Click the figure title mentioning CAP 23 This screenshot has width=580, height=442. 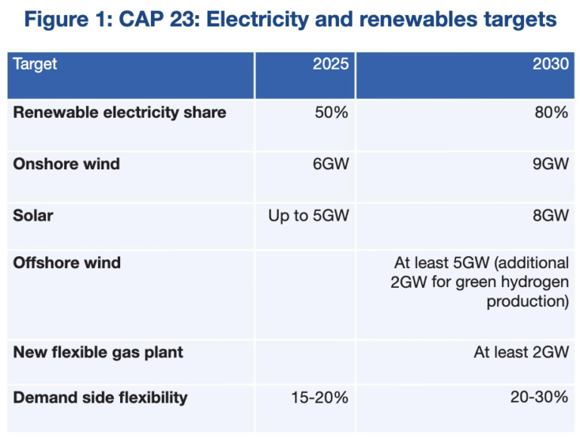tap(290, 20)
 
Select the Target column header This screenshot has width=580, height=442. tap(35, 63)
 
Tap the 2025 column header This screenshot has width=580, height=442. tap(331, 63)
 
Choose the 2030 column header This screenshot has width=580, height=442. tap(551, 63)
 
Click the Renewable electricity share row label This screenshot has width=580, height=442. tap(119, 113)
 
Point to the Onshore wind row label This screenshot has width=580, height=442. tap(66, 163)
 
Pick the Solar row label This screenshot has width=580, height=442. tap(33, 215)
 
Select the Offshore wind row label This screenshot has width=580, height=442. tap(67, 263)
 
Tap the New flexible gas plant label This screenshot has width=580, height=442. tap(98, 352)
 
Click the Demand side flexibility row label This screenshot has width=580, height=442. tap(100, 397)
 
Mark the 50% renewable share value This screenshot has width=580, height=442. tap(332, 113)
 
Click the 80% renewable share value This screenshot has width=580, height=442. tap(551, 113)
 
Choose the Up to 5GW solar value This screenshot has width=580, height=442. tap(308, 215)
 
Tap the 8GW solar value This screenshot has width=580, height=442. tap(550, 215)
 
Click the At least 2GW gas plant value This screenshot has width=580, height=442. tap(522, 352)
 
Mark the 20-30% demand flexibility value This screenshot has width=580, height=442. tap(538, 397)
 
